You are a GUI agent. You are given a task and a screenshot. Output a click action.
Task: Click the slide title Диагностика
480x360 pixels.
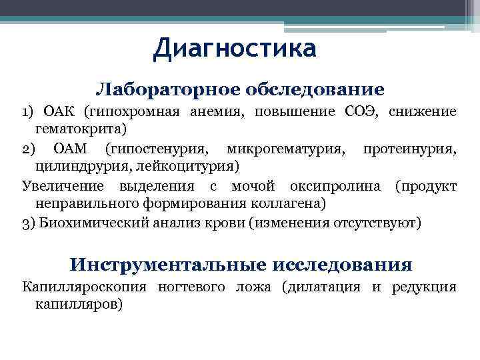pos(234,49)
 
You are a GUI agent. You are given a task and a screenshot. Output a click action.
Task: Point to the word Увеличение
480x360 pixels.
pos(61,185)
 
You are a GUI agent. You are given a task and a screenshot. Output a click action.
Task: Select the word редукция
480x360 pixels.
pos(424,287)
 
